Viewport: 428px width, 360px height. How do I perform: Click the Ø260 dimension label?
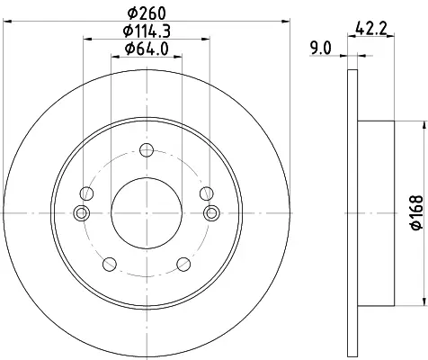click(147, 13)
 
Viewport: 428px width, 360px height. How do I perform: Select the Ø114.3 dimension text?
click(147, 31)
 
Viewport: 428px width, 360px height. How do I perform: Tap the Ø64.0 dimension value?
click(147, 49)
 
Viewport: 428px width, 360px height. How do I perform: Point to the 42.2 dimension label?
click(371, 29)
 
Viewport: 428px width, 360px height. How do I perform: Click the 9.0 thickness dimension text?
click(321, 49)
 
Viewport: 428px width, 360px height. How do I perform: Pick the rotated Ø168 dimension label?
click(416, 212)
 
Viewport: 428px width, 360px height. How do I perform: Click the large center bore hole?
click(147, 213)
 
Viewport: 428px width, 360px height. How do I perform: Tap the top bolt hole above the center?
click(147, 150)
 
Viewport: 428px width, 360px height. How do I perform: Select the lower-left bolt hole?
click(110, 264)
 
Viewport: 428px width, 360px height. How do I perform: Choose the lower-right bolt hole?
click(183, 264)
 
